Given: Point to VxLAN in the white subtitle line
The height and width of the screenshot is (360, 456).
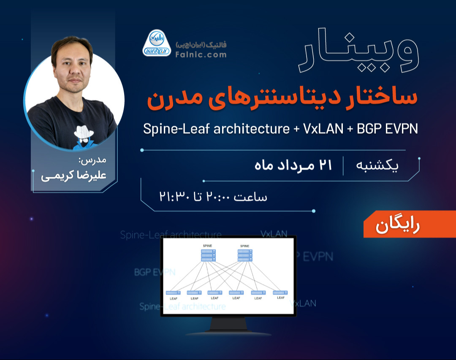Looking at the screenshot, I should click(x=323, y=129).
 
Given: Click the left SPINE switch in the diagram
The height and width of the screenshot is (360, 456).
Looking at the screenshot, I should click(x=208, y=255).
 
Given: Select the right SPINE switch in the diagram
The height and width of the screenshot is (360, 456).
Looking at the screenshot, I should click(x=245, y=255).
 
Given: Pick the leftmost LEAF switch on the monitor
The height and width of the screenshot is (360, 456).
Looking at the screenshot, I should click(x=173, y=292).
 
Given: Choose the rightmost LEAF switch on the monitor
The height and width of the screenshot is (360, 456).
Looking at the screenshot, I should click(x=280, y=292).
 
